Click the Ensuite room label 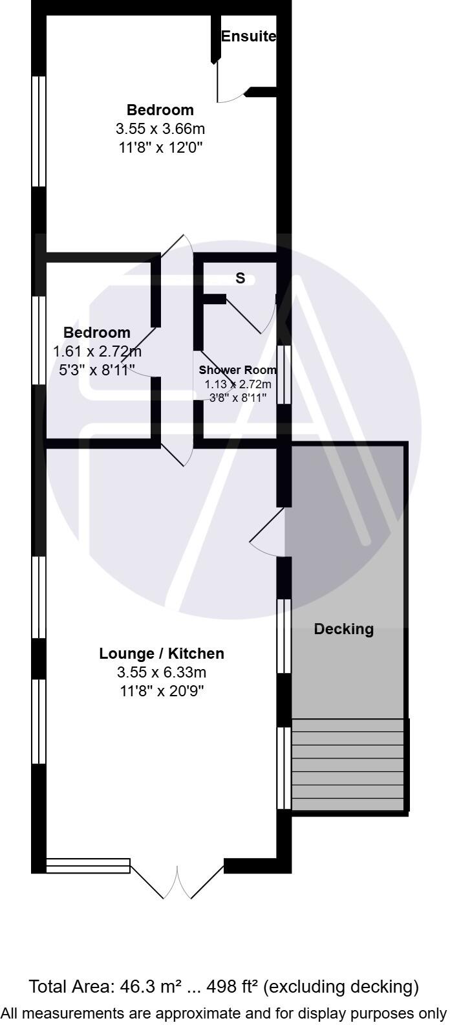tap(248, 37)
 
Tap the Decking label tap(343, 629)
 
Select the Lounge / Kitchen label tap(161, 654)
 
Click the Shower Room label tap(237, 371)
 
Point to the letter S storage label tap(241, 279)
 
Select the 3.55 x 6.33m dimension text tap(161, 672)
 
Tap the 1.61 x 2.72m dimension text tap(97, 351)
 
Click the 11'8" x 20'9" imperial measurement tap(161, 691)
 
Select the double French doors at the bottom tap(177, 880)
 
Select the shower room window tap(284, 375)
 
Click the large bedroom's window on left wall tap(39, 131)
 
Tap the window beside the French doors tap(88, 865)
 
